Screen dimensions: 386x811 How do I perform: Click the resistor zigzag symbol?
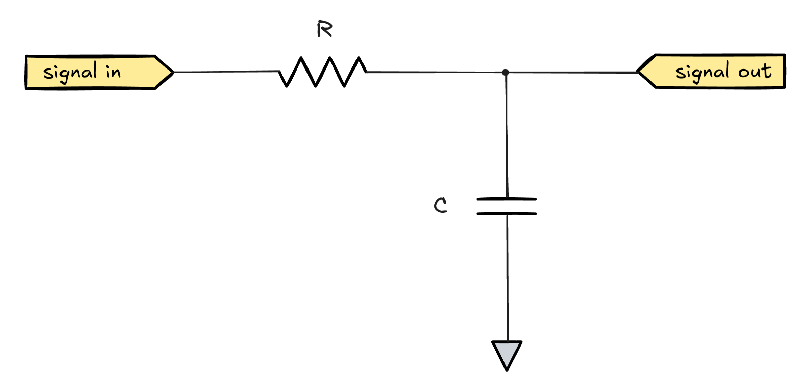click(x=323, y=72)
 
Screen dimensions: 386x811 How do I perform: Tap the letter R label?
click(x=325, y=29)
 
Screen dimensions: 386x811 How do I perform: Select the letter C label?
click(x=440, y=205)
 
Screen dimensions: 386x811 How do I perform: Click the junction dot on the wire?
click(x=506, y=72)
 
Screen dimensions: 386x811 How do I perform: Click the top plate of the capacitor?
click(x=507, y=199)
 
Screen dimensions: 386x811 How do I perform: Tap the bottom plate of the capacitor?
click(x=507, y=213)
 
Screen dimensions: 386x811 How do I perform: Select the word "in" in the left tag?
click(x=113, y=72)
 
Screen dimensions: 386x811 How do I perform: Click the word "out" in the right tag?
click(x=755, y=71)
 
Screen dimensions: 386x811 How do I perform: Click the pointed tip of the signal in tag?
click(x=173, y=72)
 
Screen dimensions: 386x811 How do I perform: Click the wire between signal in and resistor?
click(x=226, y=72)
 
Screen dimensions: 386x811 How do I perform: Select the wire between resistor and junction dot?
click(x=436, y=72)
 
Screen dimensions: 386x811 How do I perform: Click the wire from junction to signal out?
click(x=571, y=72)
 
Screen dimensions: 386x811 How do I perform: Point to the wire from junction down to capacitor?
click(x=506, y=135)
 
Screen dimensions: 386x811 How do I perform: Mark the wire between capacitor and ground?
click(x=507, y=277)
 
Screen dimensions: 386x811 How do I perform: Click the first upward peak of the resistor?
click(x=301, y=58)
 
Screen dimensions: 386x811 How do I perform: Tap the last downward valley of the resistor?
click(x=344, y=86)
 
